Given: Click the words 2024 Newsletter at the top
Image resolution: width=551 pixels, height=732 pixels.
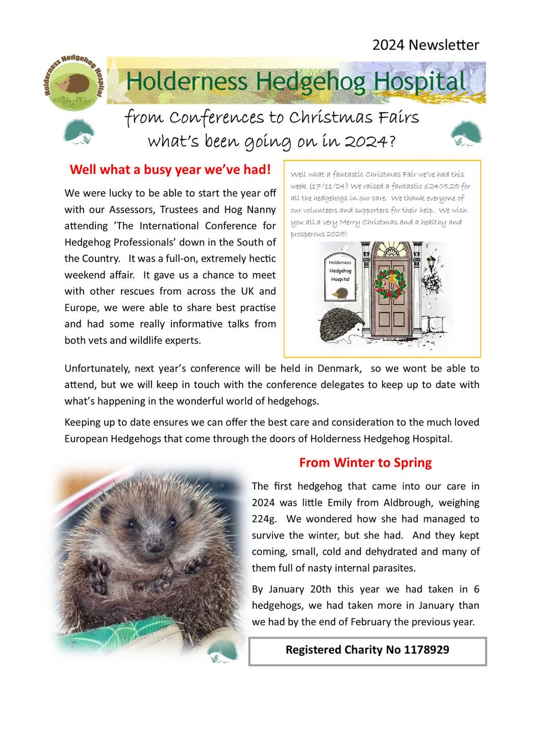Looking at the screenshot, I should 425,45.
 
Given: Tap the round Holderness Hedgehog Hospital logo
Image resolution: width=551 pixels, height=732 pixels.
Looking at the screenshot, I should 73,83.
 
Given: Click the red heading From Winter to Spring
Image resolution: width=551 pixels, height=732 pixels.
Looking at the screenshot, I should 365,463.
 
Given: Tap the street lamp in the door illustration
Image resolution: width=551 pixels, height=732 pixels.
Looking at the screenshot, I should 432,264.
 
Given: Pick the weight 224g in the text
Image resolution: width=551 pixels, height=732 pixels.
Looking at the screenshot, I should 264,519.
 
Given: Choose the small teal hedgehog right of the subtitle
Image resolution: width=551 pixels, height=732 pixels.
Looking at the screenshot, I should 466,133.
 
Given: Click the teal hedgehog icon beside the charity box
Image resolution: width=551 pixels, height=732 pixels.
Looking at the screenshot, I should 224,652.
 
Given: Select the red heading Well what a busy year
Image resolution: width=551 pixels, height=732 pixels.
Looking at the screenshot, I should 170,170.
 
